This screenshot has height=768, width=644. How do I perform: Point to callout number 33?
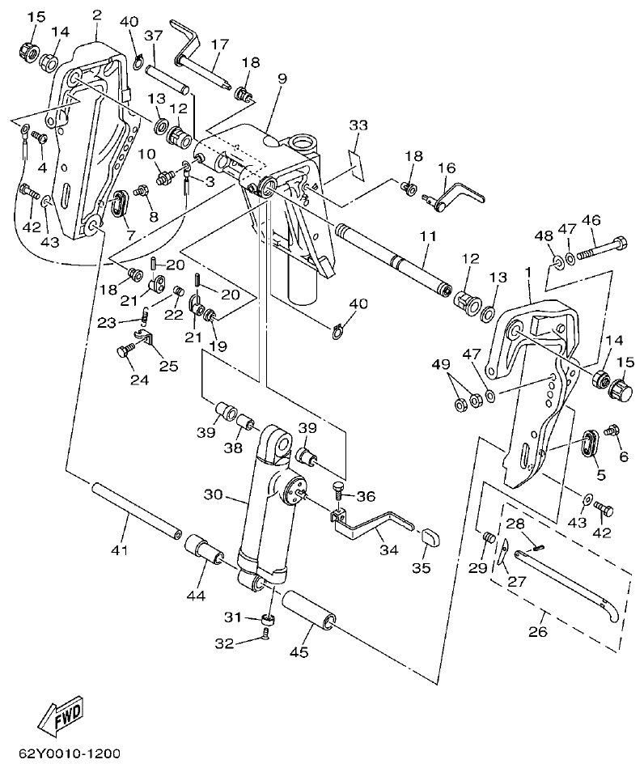point(358,125)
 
